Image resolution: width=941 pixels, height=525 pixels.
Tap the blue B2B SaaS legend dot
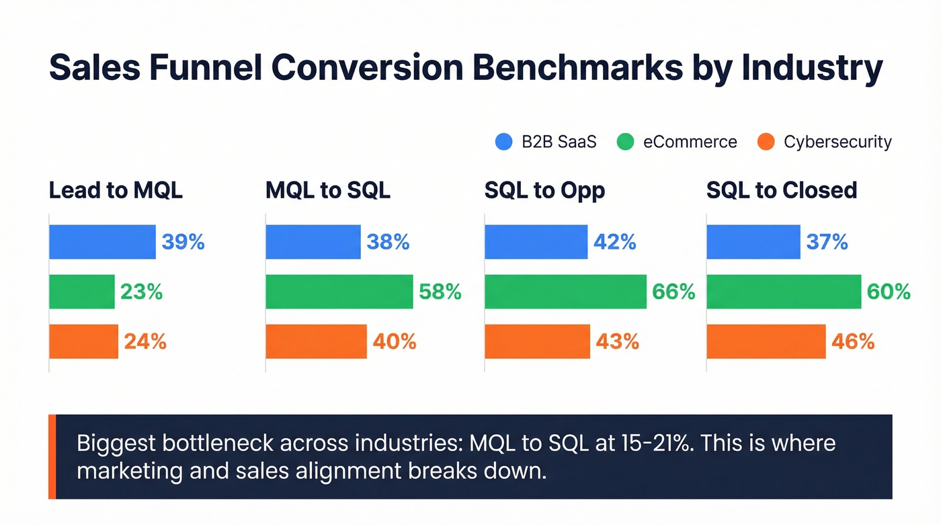(x=503, y=142)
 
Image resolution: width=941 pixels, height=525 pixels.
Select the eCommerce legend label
(x=690, y=143)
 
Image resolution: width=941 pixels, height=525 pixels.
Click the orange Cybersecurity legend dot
(x=766, y=142)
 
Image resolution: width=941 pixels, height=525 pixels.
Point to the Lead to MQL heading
(x=116, y=190)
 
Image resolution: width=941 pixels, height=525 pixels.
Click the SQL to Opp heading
(x=544, y=190)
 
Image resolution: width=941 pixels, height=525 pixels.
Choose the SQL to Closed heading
(x=782, y=190)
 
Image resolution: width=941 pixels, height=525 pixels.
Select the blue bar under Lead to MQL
(x=102, y=242)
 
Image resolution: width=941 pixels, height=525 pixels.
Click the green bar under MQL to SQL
(x=339, y=292)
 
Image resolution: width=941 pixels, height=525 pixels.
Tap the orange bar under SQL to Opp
(x=537, y=341)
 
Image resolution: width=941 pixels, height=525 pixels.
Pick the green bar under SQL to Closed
(x=784, y=292)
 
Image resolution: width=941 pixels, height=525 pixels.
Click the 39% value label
(x=183, y=242)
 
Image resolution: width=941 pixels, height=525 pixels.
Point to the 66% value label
(x=673, y=292)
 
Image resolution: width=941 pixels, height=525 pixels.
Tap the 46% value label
(x=853, y=341)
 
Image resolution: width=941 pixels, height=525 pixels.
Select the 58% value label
(x=440, y=292)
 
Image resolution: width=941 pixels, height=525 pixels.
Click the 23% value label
(x=141, y=292)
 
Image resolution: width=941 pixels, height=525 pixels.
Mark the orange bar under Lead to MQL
(x=83, y=341)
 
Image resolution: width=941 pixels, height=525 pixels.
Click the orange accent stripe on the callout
(x=52, y=456)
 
